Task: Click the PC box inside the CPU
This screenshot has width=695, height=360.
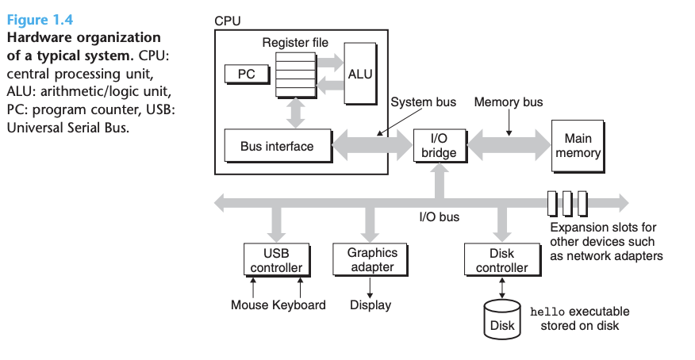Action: pyautogui.click(x=247, y=74)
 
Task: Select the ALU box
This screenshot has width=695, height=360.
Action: pyautogui.click(x=360, y=74)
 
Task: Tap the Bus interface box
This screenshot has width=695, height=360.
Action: pyautogui.click(x=278, y=146)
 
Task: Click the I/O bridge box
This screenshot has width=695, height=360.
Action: pyautogui.click(x=440, y=146)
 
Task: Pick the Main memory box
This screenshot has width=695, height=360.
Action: pyautogui.click(x=578, y=146)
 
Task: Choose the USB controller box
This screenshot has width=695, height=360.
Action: pyautogui.click(x=277, y=260)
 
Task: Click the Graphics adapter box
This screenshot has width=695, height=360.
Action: pyautogui.click(x=370, y=259)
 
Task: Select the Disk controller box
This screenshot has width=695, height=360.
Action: pyautogui.click(x=503, y=260)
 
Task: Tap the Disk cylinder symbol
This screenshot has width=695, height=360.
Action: pyautogui.click(x=502, y=320)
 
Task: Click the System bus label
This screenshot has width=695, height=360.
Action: pyautogui.click(x=424, y=101)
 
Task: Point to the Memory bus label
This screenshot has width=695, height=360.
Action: pyautogui.click(x=509, y=101)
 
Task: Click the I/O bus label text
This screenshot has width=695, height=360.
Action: pyautogui.click(x=440, y=217)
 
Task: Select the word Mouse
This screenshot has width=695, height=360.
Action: pyautogui.click(x=250, y=305)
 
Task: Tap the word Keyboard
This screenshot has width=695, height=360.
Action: pyautogui.click(x=299, y=305)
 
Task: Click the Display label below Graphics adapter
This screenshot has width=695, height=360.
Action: pyautogui.click(x=371, y=305)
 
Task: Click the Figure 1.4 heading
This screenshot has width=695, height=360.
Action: pyautogui.click(x=40, y=20)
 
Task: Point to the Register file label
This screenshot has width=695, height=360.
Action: pyautogui.click(x=295, y=43)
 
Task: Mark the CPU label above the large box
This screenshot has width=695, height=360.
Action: pyautogui.click(x=228, y=21)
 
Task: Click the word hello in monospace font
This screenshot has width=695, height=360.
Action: pyautogui.click(x=547, y=312)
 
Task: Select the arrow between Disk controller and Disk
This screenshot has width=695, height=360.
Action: pyautogui.click(x=502, y=289)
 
